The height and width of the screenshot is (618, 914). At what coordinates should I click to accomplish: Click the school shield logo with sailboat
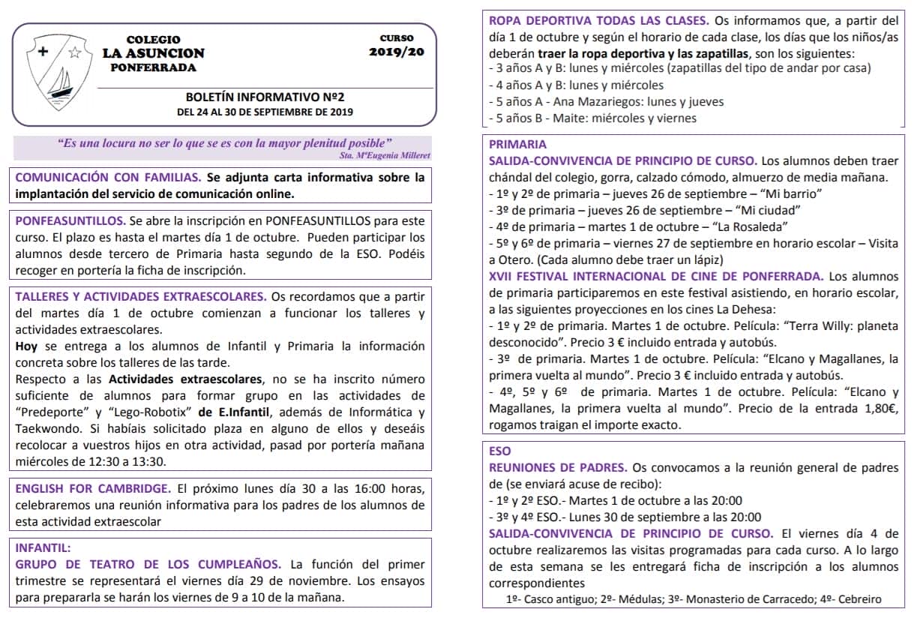coord(57,70)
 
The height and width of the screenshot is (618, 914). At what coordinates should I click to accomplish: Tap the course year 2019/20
coord(396,52)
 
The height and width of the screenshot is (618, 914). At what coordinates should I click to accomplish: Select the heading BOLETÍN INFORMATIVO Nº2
coord(265,97)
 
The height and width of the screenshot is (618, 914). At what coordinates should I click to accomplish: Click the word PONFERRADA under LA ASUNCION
coord(153,67)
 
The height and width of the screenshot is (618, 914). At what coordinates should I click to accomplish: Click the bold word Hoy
coord(26,346)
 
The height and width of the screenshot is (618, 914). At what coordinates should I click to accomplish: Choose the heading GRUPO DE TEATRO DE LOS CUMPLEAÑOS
coord(148,565)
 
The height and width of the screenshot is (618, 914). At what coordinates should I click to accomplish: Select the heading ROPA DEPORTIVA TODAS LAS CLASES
coord(597,20)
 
